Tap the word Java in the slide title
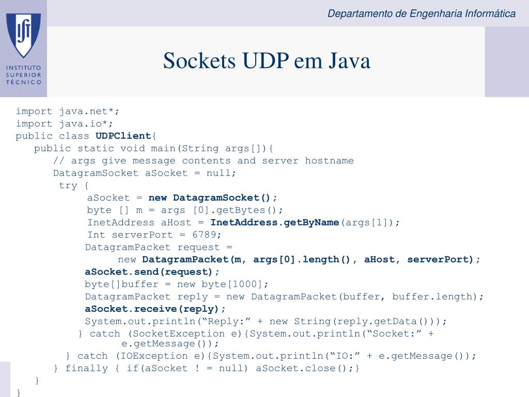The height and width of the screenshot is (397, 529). [350, 61]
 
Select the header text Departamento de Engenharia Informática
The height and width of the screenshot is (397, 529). [422, 13]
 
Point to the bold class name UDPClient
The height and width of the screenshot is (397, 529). [123, 136]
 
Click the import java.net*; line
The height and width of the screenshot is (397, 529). [68, 112]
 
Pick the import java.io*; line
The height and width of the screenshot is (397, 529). [65, 124]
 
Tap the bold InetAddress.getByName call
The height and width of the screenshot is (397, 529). [275, 222]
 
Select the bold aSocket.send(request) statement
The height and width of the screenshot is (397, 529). [148, 272]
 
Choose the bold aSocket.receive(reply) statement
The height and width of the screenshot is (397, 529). [151, 309]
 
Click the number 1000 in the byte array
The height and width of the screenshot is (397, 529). [244, 284]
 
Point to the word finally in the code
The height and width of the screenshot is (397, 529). [87, 368]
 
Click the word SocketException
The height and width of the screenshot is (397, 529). [178, 334]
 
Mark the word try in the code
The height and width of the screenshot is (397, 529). [68, 186]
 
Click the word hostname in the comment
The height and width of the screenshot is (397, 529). [329, 161]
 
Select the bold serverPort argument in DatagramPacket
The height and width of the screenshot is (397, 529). [438, 259]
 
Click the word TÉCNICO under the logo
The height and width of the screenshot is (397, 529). [24, 82]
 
